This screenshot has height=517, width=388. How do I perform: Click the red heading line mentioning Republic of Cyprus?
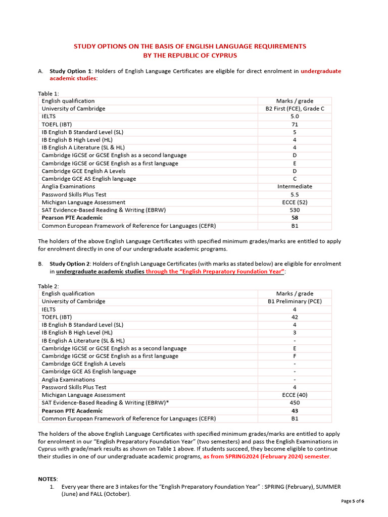190,55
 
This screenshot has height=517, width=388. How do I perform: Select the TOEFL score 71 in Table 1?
295,124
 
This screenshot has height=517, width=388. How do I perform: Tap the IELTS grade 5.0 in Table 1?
295,116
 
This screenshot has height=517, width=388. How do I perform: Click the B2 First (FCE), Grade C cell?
295,109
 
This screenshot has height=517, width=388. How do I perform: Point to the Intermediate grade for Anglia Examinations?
295,186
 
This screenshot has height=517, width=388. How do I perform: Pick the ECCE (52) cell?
295,202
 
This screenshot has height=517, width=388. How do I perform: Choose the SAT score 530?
295,210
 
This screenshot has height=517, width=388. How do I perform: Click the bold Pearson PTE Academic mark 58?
295,218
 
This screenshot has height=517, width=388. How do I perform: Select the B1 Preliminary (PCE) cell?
295,301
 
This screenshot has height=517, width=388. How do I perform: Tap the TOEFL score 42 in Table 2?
295,317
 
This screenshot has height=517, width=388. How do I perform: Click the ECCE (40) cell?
295,395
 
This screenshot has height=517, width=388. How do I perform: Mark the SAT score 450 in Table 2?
295,403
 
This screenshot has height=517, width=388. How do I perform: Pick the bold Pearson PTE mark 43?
295,410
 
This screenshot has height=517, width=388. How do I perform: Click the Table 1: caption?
48,93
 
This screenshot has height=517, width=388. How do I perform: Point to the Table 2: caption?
48,286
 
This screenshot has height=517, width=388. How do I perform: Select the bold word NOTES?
48,479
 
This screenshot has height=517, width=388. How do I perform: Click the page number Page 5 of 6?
352,501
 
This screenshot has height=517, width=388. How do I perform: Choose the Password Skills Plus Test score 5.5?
295,194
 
